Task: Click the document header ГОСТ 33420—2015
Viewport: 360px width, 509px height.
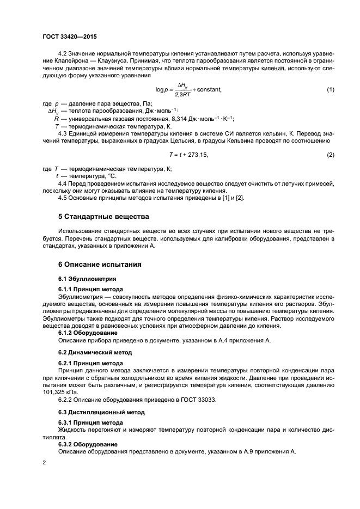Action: tap(65, 37)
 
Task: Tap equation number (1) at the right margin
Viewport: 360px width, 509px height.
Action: tap(330, 89)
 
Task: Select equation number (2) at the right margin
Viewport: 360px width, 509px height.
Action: tap(330, 155)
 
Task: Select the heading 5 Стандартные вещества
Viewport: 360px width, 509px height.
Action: tap(103, 217)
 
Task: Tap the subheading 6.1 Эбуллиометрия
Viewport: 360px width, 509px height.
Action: tap(84, 279)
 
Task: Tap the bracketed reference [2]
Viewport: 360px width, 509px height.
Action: tap(239, 198)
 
